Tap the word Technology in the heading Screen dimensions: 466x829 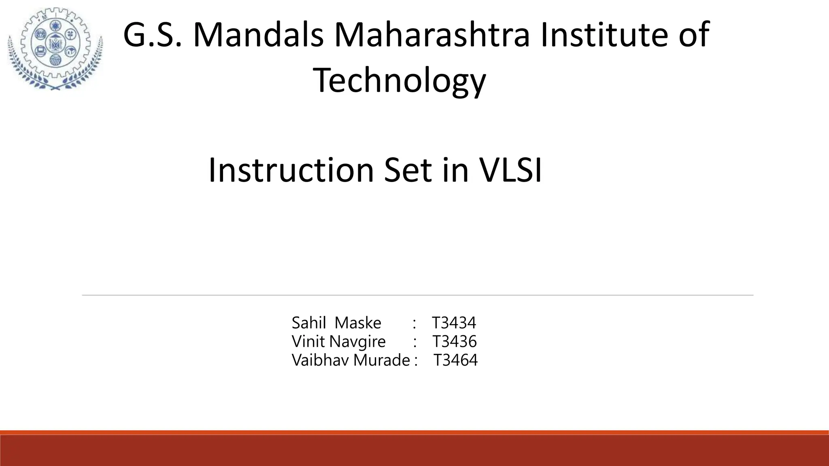tap(399, 81)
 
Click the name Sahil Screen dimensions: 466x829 tap(309, 323)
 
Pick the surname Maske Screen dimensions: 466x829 tap(358, 323)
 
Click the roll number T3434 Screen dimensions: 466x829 tap(454, 323)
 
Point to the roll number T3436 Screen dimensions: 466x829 tap(454, 342)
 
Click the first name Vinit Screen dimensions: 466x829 tap(308, 342)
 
